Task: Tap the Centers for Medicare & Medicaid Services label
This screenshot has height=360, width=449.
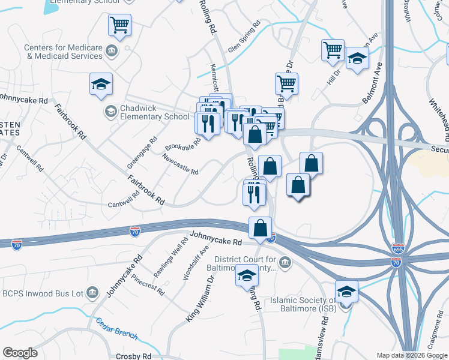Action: [x=63, y=52]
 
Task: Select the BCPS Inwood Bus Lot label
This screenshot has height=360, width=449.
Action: [x=41, y=292]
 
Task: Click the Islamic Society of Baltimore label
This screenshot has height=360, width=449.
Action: [x=303, y=304]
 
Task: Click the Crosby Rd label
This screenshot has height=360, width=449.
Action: [x=133, y=356]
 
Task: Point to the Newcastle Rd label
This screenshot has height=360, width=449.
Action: [x=180, y=163]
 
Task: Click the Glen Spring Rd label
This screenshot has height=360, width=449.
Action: [x=244, y=37]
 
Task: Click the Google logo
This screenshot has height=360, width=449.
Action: [x=20, y=353]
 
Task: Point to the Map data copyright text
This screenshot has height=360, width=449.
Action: [x=412, y=355]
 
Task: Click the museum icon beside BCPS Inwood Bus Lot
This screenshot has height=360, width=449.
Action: [x=92, y=292]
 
